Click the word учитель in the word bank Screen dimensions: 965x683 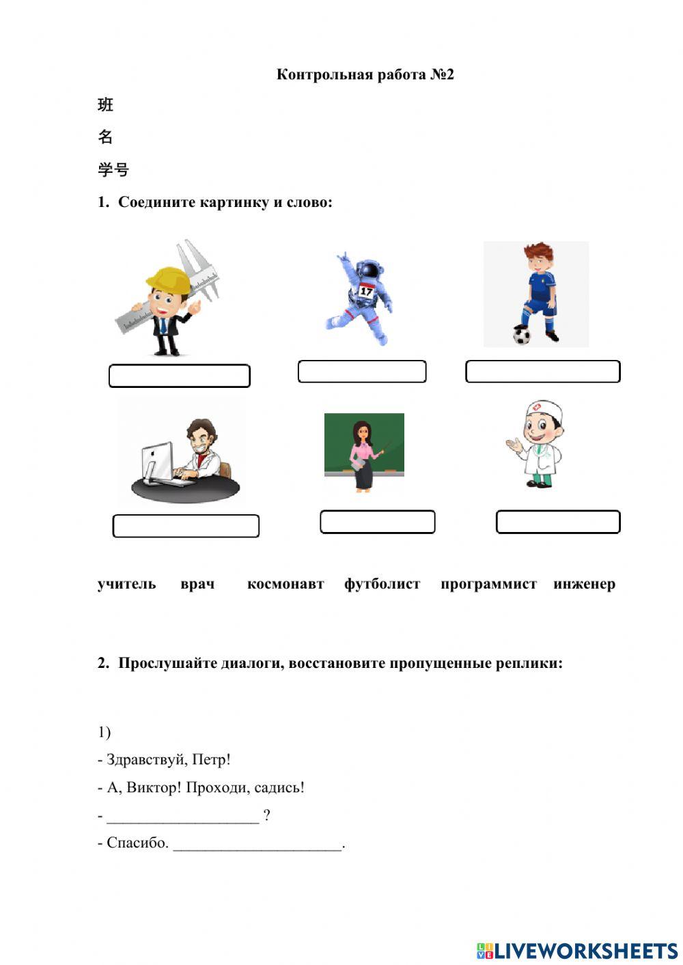click(x=126, y=584)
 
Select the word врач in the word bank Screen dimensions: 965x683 click(x=197, y=584)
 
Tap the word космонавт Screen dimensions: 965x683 click(x=285, y=584)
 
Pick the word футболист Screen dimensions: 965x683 click(x=382, y=584)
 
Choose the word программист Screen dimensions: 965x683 click(x=488, y=584)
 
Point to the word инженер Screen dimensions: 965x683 click(x=584, y=584)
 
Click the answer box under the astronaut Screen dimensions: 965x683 click(x=362, y=372)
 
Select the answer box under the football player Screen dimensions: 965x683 click(x=542, y=372)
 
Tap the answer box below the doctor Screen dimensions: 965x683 click(x=557, y=522)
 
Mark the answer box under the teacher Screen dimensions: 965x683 click(x=377, y=522)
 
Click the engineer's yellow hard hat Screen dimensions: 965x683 click(x=167, y=279)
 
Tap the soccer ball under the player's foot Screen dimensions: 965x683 click(x=522, y=335)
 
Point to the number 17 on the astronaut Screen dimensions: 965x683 click(x=367, y=292)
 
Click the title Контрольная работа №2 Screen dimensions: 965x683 click(x=365, y=74)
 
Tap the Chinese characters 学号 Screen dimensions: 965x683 click(x=113, y=169)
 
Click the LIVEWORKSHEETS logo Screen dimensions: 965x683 click(x=577, y=950)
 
